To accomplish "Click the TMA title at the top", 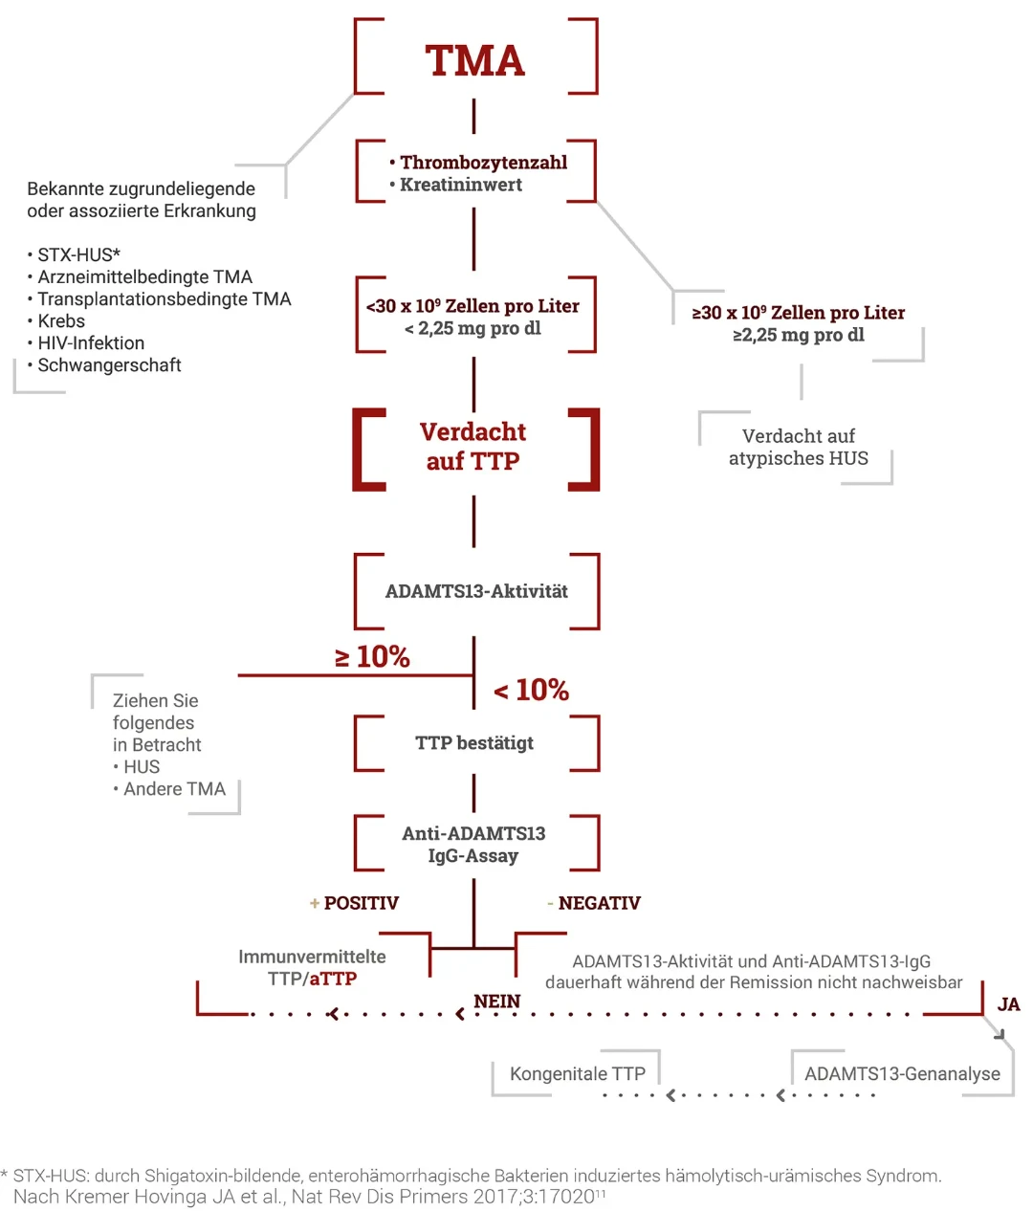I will tap(474, 60).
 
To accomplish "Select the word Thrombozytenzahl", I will tap(483, 163).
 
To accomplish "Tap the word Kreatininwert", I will tap(460, 185).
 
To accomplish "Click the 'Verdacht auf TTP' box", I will tap(473, 447).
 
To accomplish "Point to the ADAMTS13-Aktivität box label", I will tap(476, 591).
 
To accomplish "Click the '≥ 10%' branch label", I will tap(372, 657).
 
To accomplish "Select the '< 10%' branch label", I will tap(531, 690).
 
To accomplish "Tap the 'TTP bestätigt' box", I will tap(474, 743).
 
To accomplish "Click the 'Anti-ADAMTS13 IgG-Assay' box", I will tap(473, 845).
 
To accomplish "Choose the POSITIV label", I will tap(361, 903).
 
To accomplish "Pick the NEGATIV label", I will tap(599, 903).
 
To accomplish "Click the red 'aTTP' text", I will tap(333, 979).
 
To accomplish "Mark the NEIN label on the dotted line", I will tap(497, 1002).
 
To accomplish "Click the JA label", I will tap(1008, 1004).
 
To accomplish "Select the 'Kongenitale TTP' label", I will tap(577, 1074).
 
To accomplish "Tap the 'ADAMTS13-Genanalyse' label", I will tap(902, 1074).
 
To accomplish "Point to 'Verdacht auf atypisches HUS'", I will tap(799, 447).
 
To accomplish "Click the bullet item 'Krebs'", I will tap(61, 321).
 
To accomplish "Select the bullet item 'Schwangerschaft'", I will tap(109, 365).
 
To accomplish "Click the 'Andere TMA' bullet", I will tap(174, 789).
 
